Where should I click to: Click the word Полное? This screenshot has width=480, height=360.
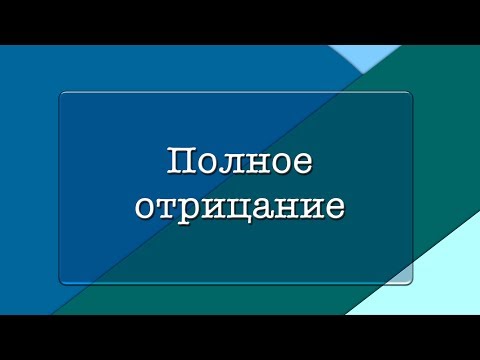238,163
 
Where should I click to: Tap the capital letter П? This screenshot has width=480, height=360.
177,163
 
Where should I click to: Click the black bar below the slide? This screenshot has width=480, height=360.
240,337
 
